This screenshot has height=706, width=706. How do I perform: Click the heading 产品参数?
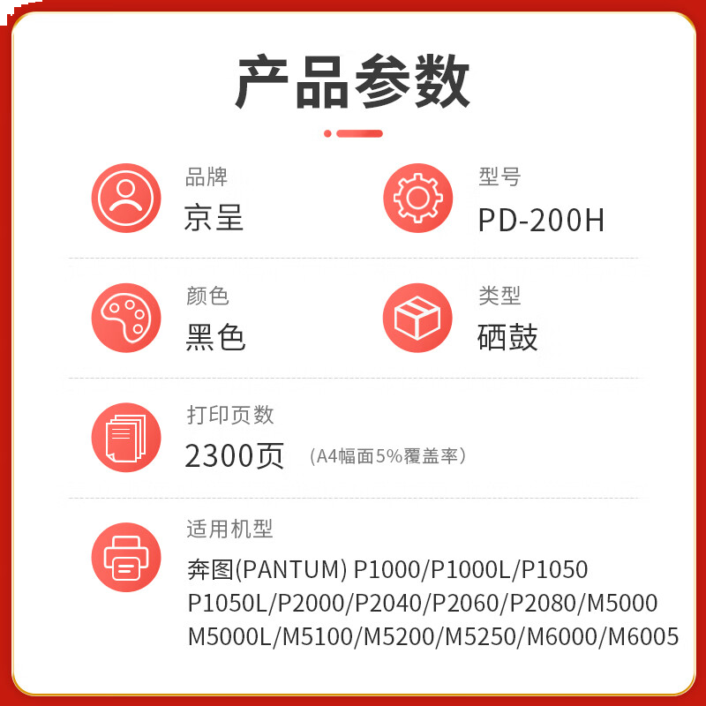point(353,82)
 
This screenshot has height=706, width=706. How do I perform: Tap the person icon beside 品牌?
point(126,198)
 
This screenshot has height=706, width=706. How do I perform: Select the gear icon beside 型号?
point(417,198)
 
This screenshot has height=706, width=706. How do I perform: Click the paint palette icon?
point(126,317)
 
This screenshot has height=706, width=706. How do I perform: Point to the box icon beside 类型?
point(417,317)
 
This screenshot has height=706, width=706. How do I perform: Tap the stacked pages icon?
point(126,437)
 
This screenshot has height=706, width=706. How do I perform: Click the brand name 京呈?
point(214,218)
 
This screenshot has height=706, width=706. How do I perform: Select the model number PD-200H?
point(541,220)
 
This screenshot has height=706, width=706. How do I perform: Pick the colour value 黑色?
point(215,337)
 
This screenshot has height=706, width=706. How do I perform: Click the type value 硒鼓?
point(507,337)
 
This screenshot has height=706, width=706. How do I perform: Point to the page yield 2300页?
point(234,455)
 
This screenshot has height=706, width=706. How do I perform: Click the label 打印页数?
point(230,414)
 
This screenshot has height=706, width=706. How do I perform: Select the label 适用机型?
point(229,529)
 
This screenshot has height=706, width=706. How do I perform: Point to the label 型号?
point(499,176)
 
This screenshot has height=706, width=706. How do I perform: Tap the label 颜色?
point(207,296)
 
